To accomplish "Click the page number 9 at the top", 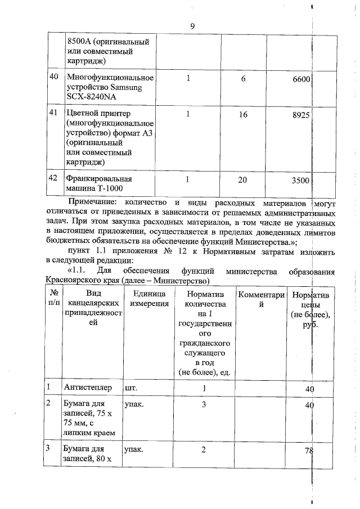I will pos(193,25).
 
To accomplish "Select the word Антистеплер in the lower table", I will pos(88,388).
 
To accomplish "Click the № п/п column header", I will pos(55,299).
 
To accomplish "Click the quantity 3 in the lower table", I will pos(203,404).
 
